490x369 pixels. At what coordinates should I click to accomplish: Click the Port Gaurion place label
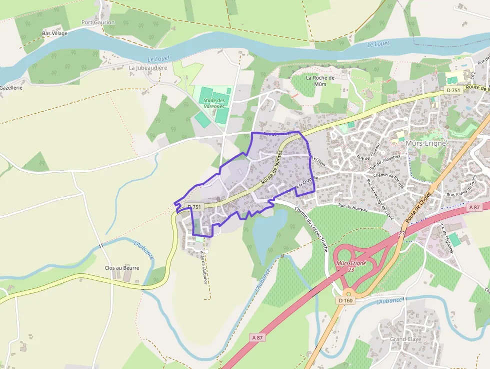(x=98, y=23)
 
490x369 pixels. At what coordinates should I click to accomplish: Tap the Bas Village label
(x=54, y=34)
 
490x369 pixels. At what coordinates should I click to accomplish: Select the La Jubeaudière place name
(x=148, y=68)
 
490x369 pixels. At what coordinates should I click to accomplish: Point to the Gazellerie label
(x=11, y=88)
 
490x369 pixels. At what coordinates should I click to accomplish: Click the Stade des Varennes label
(x=214, y=104)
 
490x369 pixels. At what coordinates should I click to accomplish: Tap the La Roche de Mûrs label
(x=320, y=81)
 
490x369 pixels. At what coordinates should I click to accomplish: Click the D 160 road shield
(x=345, y=300)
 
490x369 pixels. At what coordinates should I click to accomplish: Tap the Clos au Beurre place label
(x=122, y=268)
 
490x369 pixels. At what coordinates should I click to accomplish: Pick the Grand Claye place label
(x=405, y=339)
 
